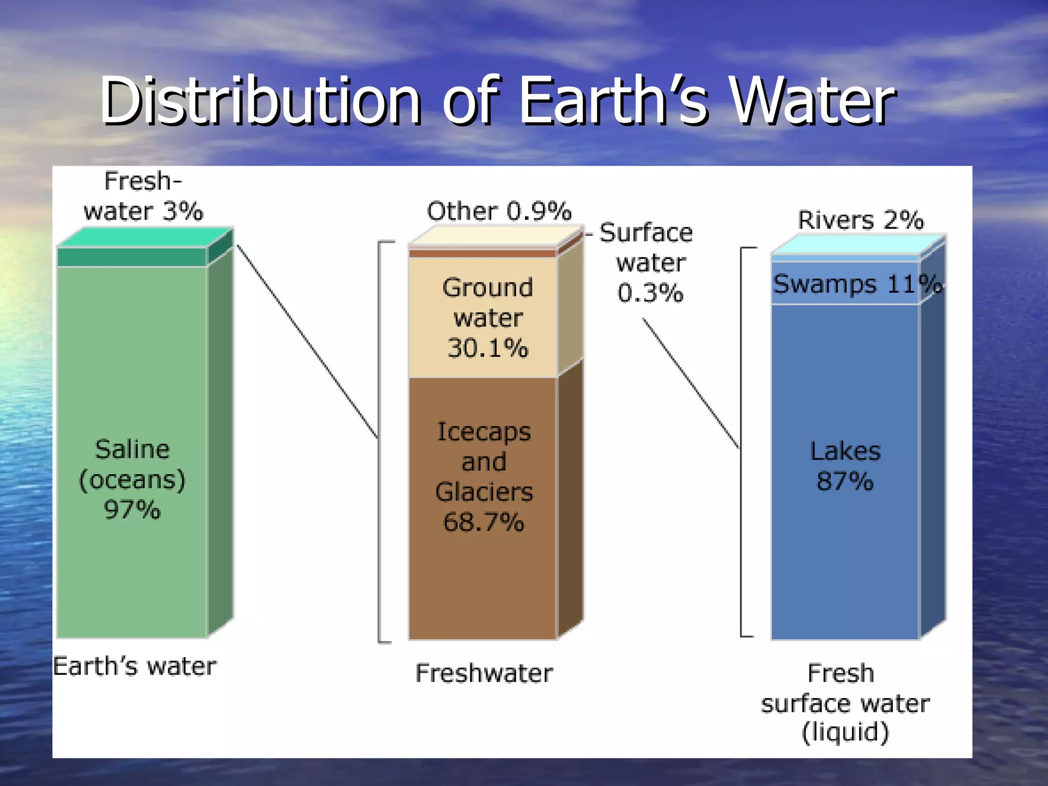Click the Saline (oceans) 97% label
pyautogui.click(x=132, y=479)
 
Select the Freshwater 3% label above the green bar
pyautogui.click(x=143, y=196)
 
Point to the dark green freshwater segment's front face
pyautogui.click(x=132, y=257)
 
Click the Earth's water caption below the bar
pyautogui.click(x=135, y=666)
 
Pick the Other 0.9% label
pyautogui.click(x=499, y=211)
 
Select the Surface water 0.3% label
pyautogui.click(x=649, y=263)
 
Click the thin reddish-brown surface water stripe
pyautogui.click(x=482, y=253)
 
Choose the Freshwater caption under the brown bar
pyautogui.click(x=484, y=673)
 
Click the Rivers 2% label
pyautogui.click(x=861, y=220)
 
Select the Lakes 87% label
pyautogui.click(x=845, y=466)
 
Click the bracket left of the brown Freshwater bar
pyautogui.click(x=379, y=440)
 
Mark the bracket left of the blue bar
pyautogui.click(x=741, y=440)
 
